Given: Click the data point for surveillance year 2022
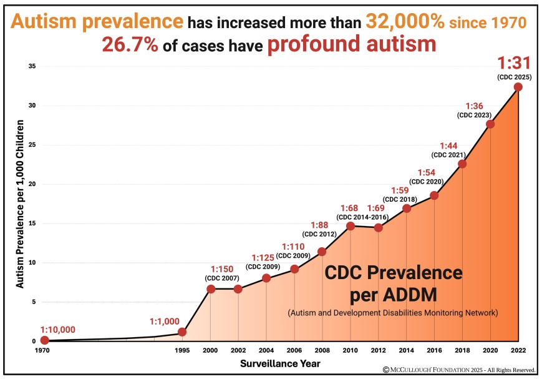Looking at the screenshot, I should tap(518, 87).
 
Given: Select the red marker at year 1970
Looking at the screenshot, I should tap(44, 340).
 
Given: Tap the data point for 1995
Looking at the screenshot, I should tap(182, 332).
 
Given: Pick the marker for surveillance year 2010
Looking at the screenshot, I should tap(351, 226).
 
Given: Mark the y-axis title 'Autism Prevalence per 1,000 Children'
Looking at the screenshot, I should tap(20, 204).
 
